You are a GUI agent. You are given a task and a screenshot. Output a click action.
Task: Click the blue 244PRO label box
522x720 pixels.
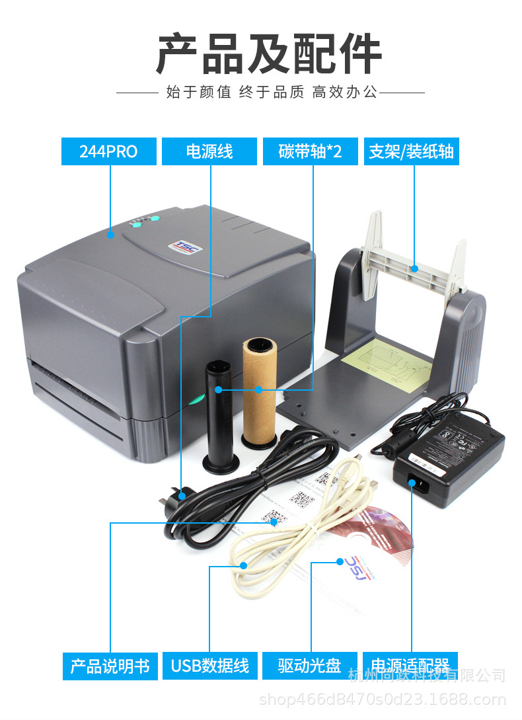(108, 151)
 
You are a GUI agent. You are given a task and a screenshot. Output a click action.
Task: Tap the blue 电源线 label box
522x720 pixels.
(209, 151)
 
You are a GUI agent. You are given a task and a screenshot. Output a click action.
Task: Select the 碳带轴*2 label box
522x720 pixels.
(311, 151)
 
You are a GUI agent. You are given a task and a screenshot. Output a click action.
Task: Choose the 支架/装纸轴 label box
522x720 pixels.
(411, 151)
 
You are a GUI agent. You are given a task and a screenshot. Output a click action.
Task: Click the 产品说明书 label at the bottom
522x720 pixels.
(110, 665)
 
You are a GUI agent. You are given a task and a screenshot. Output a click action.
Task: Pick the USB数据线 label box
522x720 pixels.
(209, 665)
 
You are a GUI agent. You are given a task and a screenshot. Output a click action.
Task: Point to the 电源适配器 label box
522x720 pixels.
(410, 664)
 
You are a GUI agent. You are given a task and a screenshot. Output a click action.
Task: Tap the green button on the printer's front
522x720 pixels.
(196, 399)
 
